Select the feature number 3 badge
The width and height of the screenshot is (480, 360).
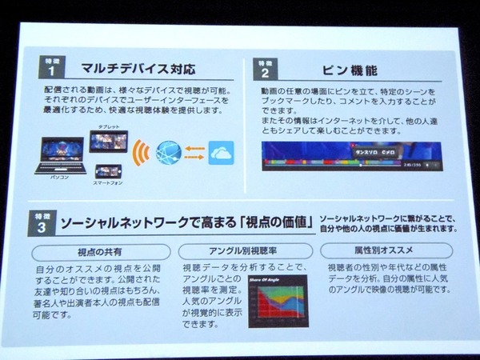tap(45, 222)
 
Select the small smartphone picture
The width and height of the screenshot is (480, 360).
tap(107, 171)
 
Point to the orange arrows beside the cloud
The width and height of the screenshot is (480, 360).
tap(194, 152)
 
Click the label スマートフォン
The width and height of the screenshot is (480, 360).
tap(107, 185)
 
